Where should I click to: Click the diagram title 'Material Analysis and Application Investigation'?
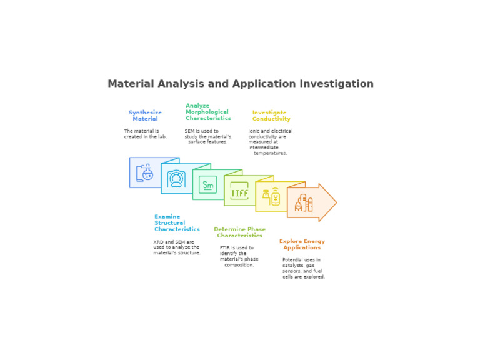[241, 84]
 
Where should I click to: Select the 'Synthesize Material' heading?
[145, 116]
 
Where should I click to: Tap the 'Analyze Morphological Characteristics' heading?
[208, 112]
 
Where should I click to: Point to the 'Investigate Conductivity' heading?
[271, 116]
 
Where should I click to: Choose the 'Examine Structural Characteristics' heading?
[177, 223]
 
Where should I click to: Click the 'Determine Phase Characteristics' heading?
[240, 232]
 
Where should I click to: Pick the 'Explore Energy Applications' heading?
[302, 244]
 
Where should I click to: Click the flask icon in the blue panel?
[145, 172]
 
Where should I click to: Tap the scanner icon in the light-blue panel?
[176, 179]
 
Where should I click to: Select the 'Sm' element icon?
[208, 184]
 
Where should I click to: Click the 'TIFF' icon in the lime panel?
[239, 191]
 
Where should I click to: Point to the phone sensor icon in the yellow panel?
[271, 196]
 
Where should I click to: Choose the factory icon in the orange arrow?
[304, 202]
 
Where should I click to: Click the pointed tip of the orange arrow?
[337, 202]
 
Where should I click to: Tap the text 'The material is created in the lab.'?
[146, 134]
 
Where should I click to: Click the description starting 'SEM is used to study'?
[208, 136]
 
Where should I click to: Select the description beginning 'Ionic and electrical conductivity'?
[270, 142]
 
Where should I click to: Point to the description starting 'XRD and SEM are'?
[177, 247]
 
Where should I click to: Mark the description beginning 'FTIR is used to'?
[239, 256]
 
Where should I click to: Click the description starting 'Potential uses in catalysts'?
[303, 268]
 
